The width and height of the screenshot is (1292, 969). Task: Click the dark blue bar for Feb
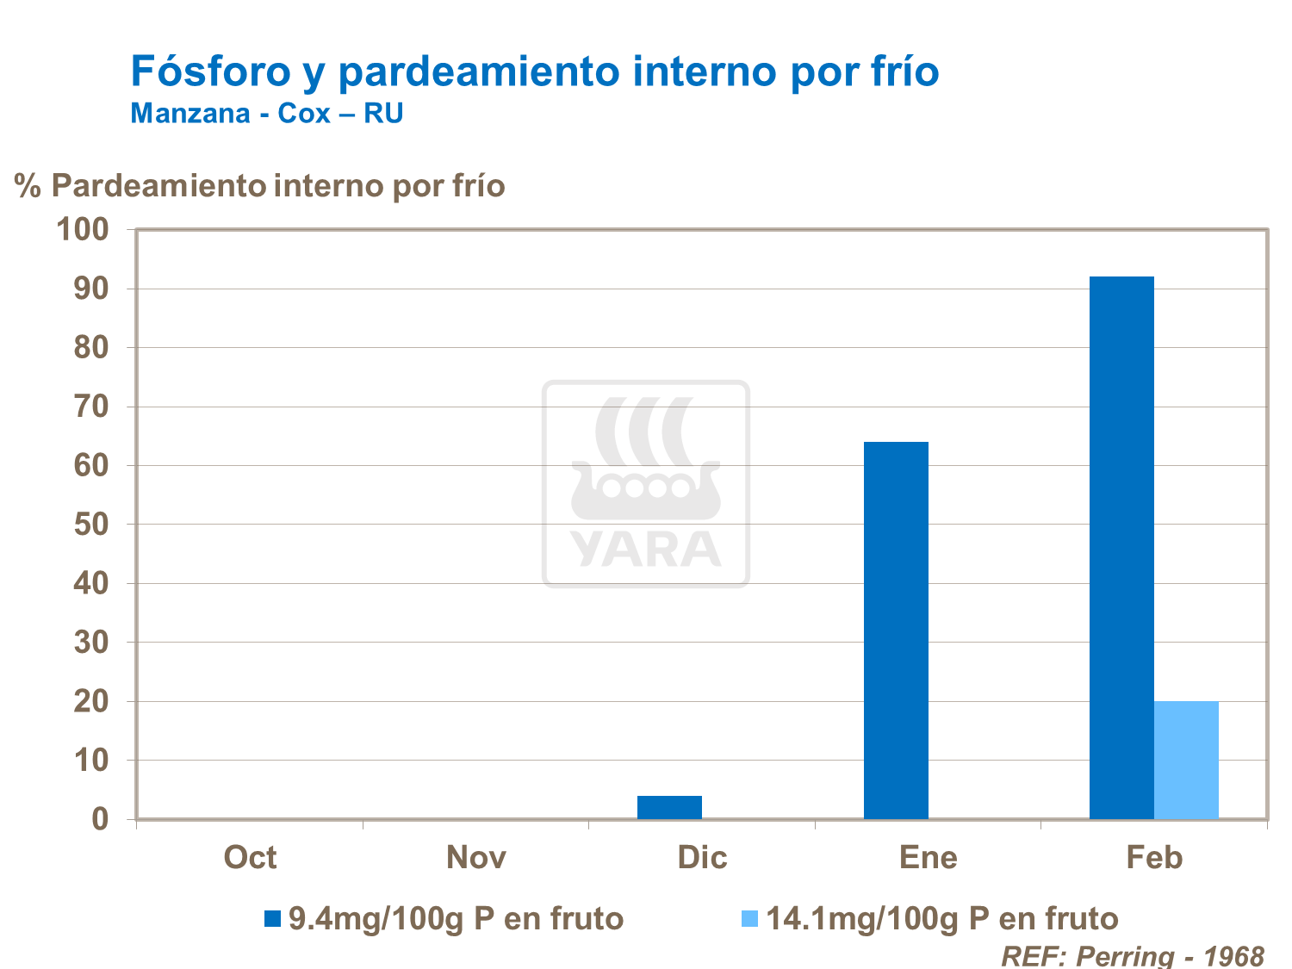(x=1121, y=547)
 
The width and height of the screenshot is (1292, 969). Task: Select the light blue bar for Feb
(x=1186, y=760)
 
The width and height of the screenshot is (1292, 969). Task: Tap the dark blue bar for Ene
(x=896, y=630)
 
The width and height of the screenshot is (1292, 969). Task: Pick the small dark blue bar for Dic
(x=669, y=807)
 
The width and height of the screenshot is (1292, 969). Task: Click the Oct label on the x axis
(x=250, y=858)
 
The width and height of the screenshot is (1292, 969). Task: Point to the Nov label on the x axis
(x=476, y=858)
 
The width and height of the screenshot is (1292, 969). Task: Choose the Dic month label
(x=702, y=858)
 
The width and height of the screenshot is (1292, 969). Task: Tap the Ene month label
(x=928, y=858)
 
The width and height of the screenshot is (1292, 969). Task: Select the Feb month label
(x=1154, y=858)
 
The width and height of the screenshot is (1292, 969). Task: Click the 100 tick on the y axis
(x=83, y=229)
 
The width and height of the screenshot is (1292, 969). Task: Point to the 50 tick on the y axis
(x=91, y=525)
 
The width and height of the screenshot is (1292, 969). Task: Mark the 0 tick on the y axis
(x=101, y=819)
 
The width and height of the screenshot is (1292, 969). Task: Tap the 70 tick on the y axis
(x=91, y=407)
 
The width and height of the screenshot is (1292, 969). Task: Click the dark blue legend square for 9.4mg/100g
(x=273, y=919)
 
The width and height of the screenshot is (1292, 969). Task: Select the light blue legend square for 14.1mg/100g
(x=749, y=919)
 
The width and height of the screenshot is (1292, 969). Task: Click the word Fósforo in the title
(x=211, y=71)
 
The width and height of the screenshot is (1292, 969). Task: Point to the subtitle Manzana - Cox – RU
(x=267, y=114)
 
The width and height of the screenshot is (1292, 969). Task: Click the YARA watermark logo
(x=646, y=484)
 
